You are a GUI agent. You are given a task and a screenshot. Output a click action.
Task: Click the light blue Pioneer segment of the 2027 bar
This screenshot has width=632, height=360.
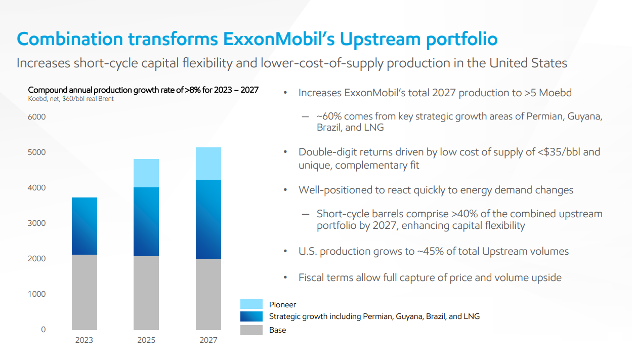pos(208,164)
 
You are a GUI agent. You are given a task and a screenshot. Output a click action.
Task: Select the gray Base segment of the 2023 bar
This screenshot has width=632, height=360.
pos(85,292)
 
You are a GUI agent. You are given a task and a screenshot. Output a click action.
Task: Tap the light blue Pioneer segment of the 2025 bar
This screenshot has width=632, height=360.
pos(146,173)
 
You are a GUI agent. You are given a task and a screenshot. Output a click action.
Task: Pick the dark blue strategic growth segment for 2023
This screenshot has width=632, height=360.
pos(85,226)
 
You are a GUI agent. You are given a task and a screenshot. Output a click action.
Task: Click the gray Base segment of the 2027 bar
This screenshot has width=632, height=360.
pos(208,295)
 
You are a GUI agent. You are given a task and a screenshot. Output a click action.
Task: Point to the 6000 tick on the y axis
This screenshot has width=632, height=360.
pos(36,117)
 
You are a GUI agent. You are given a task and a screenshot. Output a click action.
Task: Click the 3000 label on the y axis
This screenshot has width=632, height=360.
pos(36,223)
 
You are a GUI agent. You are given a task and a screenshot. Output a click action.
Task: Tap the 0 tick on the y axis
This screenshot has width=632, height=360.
pos(43,330)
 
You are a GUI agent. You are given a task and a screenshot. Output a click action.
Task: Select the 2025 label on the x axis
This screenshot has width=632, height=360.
pos(146,340)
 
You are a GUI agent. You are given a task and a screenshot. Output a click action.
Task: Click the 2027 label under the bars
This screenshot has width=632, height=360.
pos(208,340)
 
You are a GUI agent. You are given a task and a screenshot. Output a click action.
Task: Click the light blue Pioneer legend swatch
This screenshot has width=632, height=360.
pos(251,304)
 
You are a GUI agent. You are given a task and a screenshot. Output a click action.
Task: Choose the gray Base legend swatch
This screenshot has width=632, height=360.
pos(251,330)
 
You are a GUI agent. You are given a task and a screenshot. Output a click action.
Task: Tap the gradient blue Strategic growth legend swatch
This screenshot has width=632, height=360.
pos(251,316)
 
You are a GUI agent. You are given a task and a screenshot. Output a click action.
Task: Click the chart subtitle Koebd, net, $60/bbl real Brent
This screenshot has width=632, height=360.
pos(71,99)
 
